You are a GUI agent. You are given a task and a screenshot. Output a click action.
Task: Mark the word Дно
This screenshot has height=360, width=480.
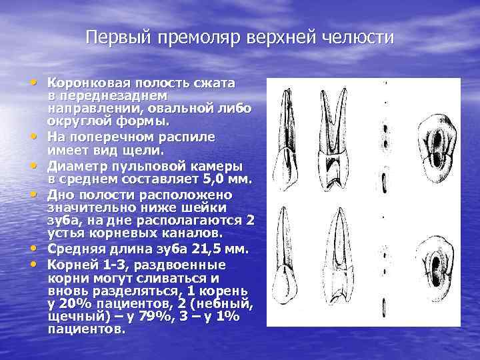(59, 195)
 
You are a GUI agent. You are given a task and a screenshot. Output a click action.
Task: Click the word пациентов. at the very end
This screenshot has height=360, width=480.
(86, 329)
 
